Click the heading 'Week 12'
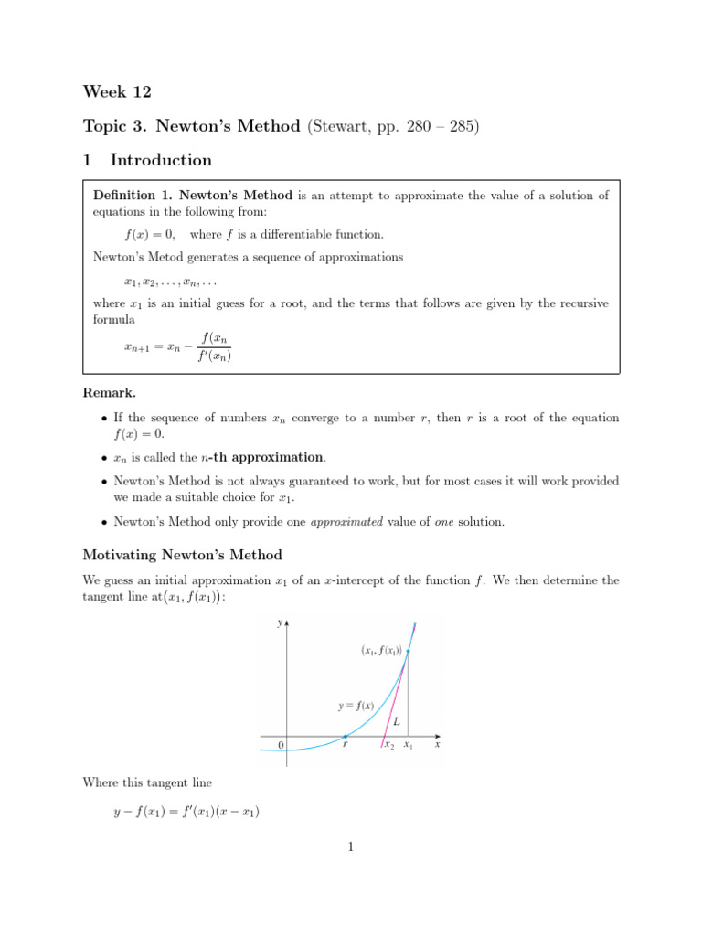coord(117,91)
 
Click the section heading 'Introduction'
coord(161,160)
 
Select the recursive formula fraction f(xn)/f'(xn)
coord(214,347)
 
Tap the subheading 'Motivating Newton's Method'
coord(183,555)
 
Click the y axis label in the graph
coord(279,623)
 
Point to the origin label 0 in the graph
coord(282,746)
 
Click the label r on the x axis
coord(344,745)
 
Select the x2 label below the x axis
coord(389,746)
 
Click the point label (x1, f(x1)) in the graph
coord(380,651)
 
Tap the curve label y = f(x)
coord(356,705)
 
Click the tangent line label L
coord(396,721)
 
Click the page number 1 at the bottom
coord(350,847)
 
